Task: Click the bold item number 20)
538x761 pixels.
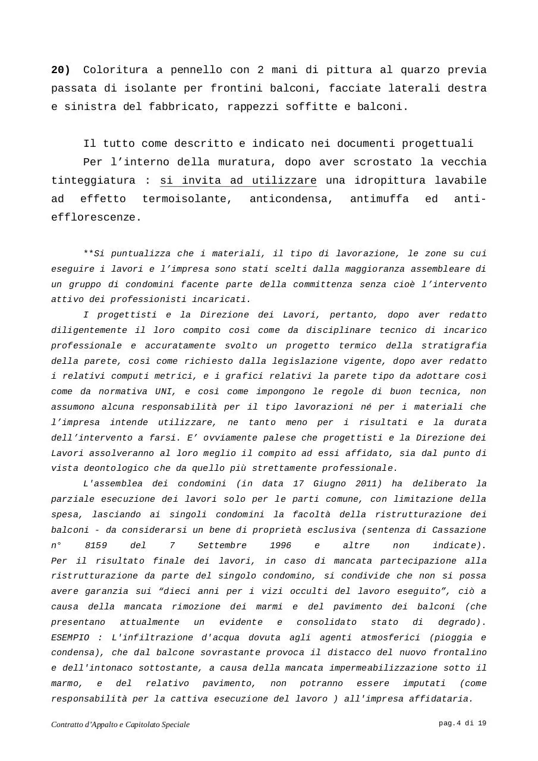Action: (61, 70)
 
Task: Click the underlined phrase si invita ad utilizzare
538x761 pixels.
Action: (238, 181)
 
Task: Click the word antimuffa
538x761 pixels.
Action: (379, 199)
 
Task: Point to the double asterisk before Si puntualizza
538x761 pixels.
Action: (89, 254)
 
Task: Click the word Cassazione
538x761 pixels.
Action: (460, 530)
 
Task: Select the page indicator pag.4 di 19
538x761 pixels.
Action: (463, 724)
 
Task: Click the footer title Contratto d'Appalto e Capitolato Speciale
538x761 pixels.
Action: (121, 725)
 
